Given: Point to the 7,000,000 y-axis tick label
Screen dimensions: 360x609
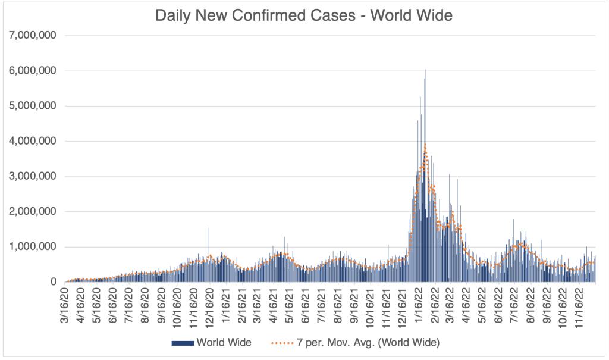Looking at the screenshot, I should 32,36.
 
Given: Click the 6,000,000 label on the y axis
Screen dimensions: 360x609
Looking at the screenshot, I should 32,71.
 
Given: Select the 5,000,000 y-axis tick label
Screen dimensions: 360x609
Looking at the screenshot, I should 32,106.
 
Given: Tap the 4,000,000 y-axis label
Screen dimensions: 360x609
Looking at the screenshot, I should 32,141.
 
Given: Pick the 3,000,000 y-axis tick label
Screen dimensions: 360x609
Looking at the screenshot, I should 32,176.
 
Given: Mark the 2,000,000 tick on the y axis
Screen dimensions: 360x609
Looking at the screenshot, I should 32,211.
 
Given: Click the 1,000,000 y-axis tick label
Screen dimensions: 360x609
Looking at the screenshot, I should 32,246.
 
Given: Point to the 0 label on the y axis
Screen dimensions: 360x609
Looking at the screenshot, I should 54,281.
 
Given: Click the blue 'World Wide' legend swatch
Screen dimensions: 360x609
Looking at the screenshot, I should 182,343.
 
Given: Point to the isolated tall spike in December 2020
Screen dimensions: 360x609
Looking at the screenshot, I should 208,228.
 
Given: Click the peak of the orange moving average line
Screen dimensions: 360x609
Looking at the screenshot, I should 425,145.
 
